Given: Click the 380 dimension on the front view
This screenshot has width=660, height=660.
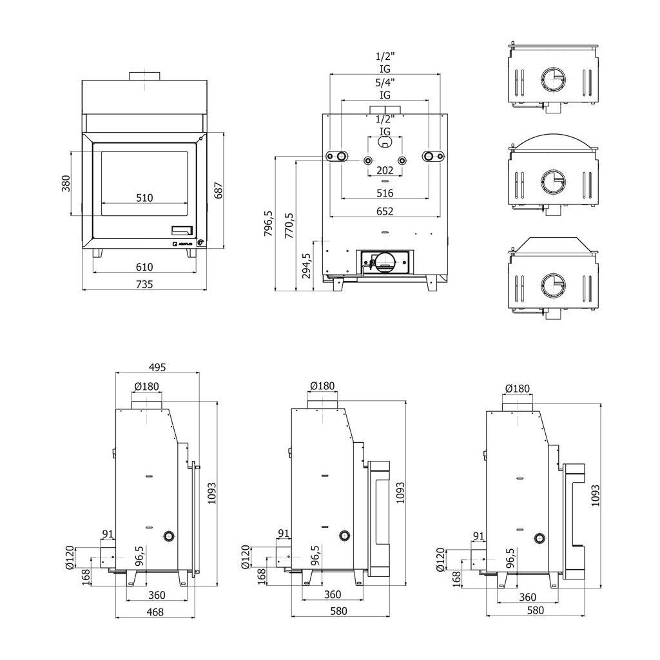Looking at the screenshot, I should tap(65, 184).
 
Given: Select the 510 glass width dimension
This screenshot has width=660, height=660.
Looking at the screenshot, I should tap(144, 198).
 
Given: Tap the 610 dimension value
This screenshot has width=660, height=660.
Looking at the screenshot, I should tap(144, 267).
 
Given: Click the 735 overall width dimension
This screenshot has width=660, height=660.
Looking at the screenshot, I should tap(144, 284).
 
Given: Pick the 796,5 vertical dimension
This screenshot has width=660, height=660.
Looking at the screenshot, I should tap(269, 223).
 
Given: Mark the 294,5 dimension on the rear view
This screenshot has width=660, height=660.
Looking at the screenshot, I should tap(307, 265).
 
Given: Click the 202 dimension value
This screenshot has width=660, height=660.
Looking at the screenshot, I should tap(385, 171).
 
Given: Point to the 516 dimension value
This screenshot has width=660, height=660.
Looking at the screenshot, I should tap(385, 193).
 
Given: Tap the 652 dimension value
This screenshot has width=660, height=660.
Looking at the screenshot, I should tap(385, 211).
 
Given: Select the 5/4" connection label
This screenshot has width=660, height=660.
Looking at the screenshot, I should tap(385, 82).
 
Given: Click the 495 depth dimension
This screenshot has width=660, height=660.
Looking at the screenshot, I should tap(157, 367).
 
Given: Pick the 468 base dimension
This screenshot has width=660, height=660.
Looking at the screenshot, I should tap(155, 612).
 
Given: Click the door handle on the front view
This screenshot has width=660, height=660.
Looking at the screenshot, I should tap(182, 229).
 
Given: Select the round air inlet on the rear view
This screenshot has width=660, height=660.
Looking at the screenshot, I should tap(385, 259).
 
